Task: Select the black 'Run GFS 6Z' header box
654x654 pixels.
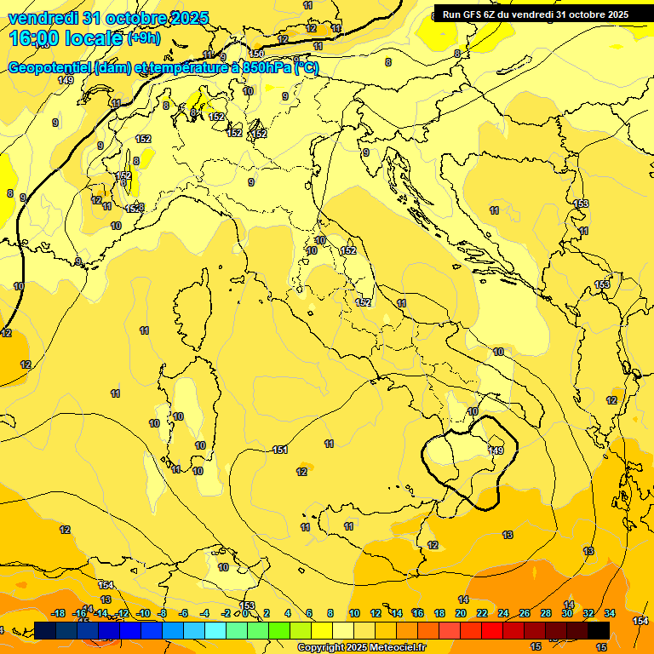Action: pyautogui.click(x=535, y=14)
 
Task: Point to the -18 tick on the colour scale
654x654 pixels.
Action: pyautogui.click(x=58, y=614)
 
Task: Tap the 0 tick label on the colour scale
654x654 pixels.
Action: pyautogui.click(x=245, y=614)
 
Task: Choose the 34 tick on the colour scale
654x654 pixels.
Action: pyautogui.click(x=610, y=614)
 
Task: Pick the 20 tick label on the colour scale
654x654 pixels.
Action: pyautogui.click(x=461, y=614)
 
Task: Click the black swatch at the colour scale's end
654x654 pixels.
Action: pyautogui.click(x=599, y=630)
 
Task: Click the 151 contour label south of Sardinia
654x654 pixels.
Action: pyautogui.click(x=279, y=450)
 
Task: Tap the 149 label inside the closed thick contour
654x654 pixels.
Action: pyautogui.click(x=497, y=450)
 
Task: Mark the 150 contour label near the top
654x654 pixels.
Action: pyautogui.click(x=256, y=54)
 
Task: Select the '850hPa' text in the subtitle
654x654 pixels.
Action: pyautogui.click(x=266, y=68)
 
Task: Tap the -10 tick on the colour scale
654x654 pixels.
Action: pyautogui.click(x=143, y=614)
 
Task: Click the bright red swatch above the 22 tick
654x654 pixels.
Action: pyautogui.click(x=492, y=630)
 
